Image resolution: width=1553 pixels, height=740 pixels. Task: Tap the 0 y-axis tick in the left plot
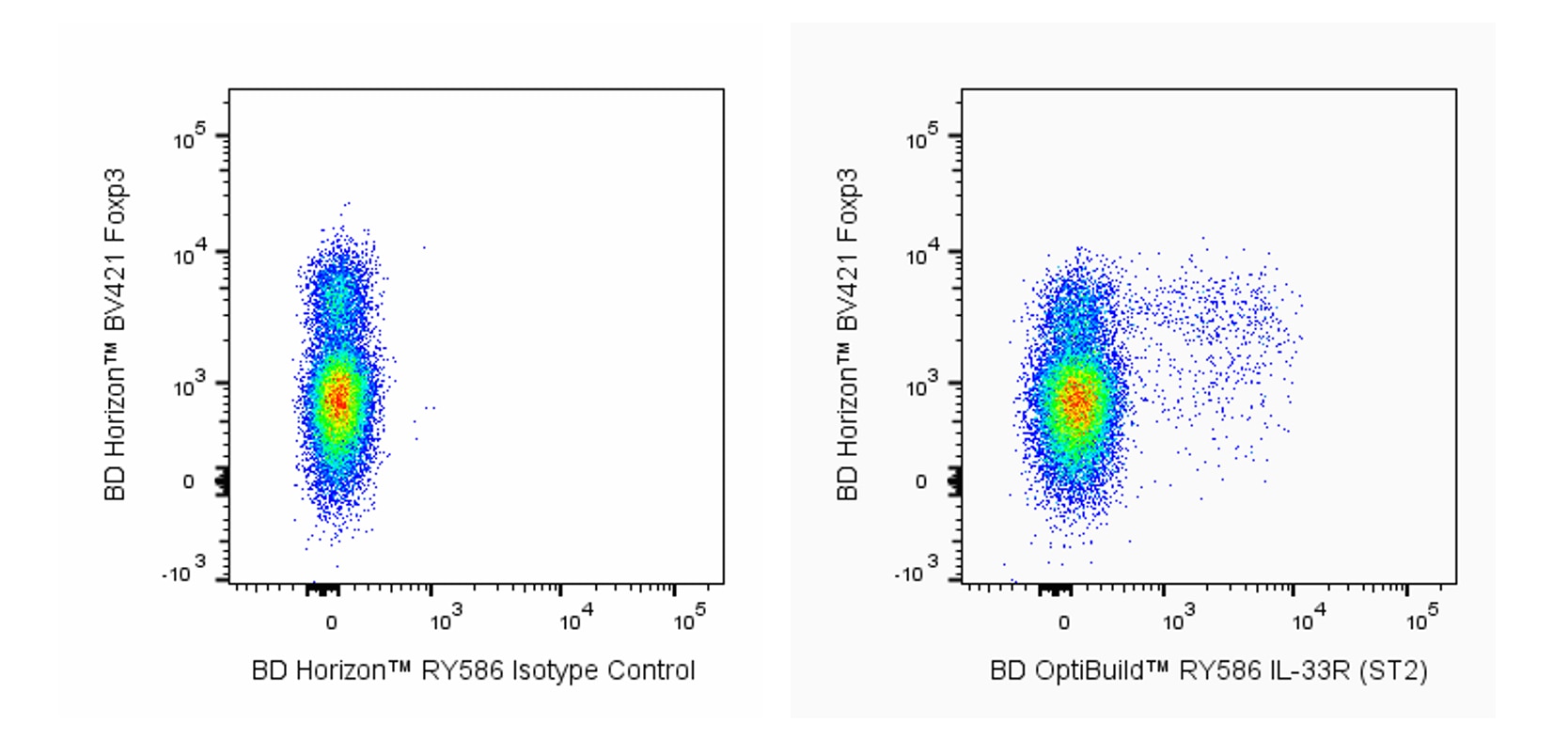(x=187, y=482)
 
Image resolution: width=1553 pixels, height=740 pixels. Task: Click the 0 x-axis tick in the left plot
(x=331, y=622)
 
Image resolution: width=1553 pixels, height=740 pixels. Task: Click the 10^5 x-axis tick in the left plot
(x=689, y=620)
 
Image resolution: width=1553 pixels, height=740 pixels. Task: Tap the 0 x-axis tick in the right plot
(x=1063, y=622)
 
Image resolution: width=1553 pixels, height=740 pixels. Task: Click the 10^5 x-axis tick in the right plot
(x=1421, y=620)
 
